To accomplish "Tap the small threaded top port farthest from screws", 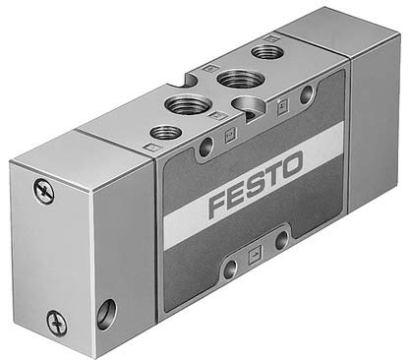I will click(266, 50).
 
